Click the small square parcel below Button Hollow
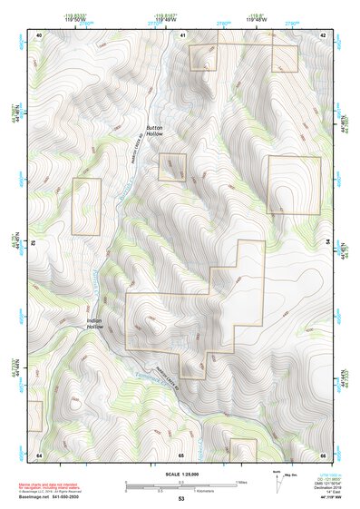click(172, 167)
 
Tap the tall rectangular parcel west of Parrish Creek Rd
click(86, 207)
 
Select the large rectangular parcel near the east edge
click(294, 185)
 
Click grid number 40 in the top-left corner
click(39, 34)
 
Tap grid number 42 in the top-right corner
click(323, 34)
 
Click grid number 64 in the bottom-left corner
click(39, 454)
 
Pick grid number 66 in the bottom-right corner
click(323, 454)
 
